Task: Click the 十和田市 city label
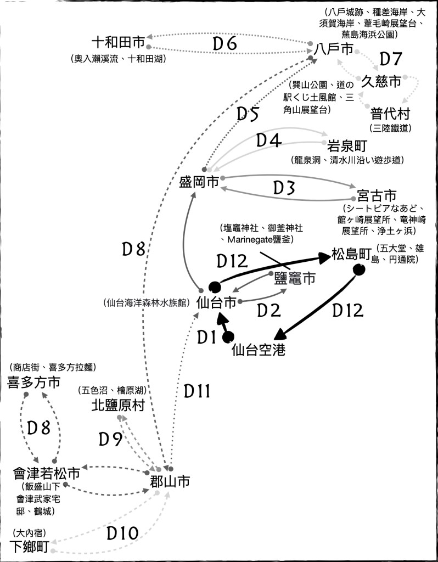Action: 119,43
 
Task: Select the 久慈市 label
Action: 381,82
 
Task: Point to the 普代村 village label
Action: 390,114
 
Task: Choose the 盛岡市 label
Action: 199,182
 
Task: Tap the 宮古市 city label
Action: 376,195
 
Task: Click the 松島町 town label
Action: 352,255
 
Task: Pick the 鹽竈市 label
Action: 295,278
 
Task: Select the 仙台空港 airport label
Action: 259,350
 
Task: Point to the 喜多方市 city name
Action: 33,383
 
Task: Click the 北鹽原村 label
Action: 118,406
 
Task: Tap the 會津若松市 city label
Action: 47,473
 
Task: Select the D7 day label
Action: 391,59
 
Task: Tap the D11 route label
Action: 197,391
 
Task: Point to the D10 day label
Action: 122,533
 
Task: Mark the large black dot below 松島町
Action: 359,269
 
